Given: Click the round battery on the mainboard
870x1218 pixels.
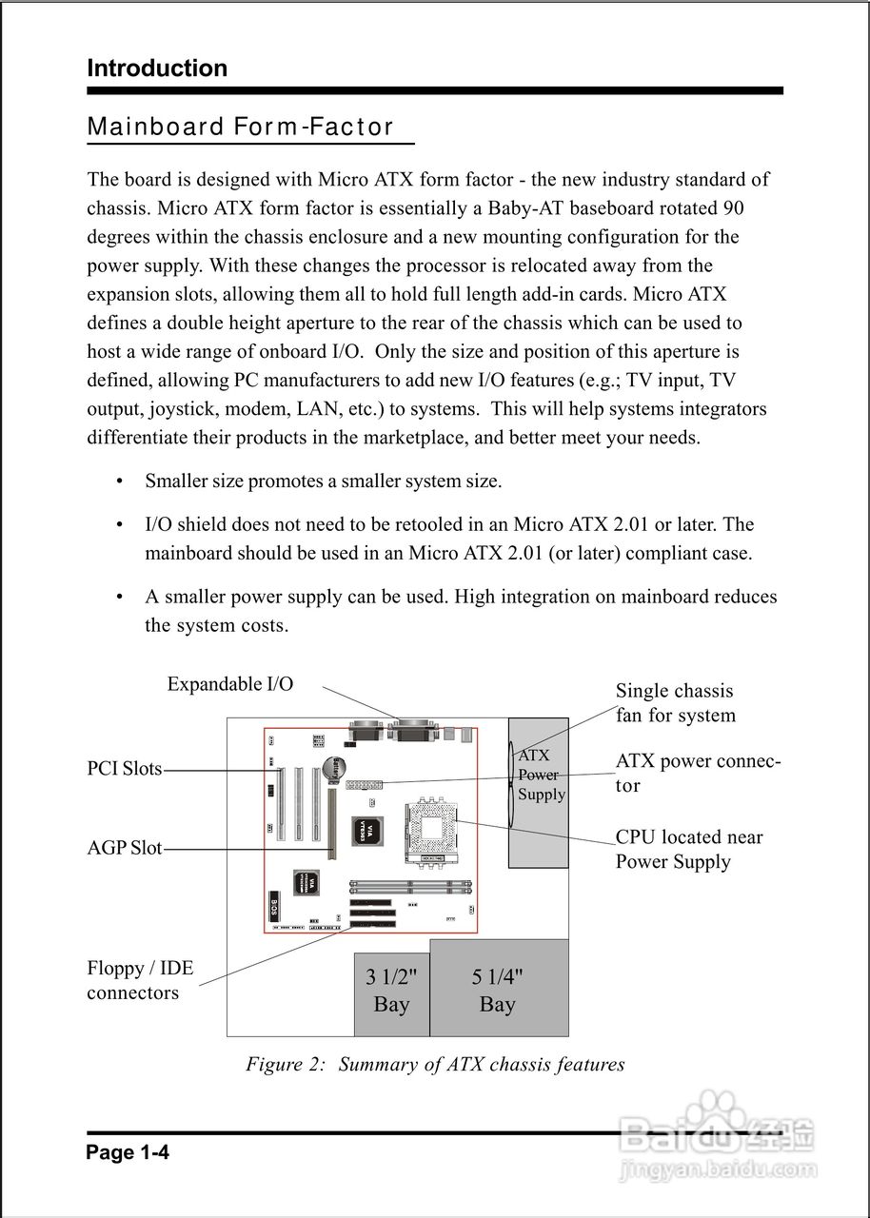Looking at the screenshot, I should pos(335,766).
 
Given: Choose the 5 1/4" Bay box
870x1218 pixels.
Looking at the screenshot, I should pos(498,990).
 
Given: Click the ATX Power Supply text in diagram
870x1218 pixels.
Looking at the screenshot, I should pos(541,775).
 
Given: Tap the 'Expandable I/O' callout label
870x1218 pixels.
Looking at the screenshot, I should pos(230,684).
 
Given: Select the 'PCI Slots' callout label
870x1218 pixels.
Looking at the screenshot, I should pos(125,769).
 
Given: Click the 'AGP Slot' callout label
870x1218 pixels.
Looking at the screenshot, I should pos(125,848).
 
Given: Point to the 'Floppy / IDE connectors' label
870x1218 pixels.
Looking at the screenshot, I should pos(139,981).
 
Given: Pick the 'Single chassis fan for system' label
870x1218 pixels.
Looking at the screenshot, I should pos(675,703).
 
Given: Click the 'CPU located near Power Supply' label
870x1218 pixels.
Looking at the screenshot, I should pos(689,850).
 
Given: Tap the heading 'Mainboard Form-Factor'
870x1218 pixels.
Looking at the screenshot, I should pos(240,128).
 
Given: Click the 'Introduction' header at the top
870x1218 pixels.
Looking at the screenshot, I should pos(157,69).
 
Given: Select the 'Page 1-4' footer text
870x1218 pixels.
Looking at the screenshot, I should pos(128,1153).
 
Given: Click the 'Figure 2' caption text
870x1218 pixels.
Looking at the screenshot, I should pos(435,1064).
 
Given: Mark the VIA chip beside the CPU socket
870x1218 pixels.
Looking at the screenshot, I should pos(365,830).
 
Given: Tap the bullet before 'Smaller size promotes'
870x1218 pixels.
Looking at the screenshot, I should pos(119,481).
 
